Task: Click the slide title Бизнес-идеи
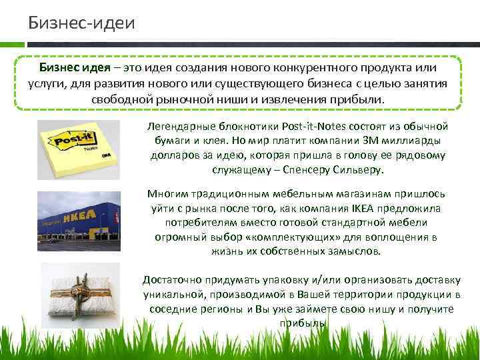pos(81,23)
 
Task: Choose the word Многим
pos(167,194)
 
